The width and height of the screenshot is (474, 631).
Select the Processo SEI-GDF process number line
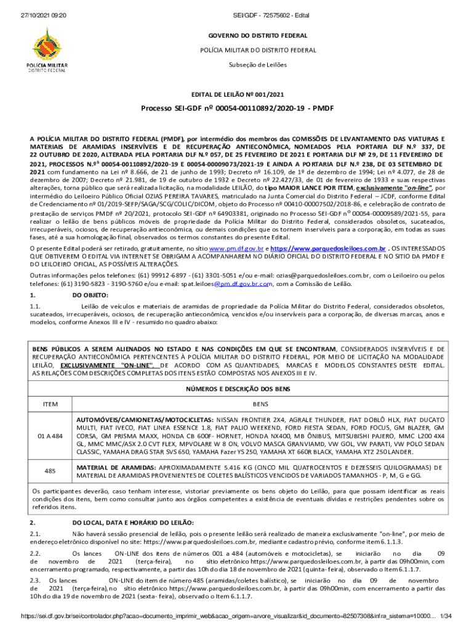237,108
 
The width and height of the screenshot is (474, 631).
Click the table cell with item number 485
50,471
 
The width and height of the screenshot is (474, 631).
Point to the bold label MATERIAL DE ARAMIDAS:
116,467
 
